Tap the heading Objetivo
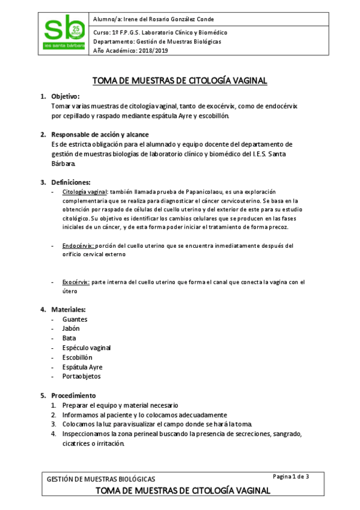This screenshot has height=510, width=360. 66,96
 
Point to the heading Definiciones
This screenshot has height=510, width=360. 71,182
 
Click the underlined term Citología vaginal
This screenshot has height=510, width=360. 85,191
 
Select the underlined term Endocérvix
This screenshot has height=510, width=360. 78,245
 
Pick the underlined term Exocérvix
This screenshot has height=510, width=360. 76,281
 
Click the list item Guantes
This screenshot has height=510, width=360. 75,319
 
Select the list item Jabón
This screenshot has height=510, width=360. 71,328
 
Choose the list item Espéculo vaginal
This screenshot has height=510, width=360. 87,348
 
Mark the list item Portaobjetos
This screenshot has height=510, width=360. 82,376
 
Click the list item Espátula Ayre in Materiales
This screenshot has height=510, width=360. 82,367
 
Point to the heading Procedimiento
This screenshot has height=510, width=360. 73,396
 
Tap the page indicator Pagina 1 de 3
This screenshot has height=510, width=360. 291,477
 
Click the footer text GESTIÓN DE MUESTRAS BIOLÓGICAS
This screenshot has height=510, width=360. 101,479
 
